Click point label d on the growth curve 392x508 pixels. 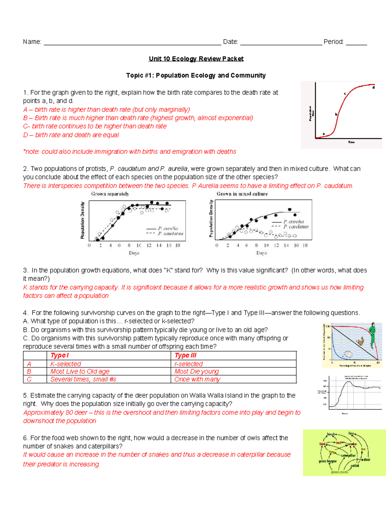373,87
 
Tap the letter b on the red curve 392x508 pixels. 336,114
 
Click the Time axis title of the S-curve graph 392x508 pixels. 351,142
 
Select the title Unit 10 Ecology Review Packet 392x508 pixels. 196,59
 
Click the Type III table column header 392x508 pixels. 186,356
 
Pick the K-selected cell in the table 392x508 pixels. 66,364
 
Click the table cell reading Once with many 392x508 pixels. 197,379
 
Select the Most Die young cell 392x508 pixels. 196,372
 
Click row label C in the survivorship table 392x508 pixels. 29,379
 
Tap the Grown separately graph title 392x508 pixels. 110,194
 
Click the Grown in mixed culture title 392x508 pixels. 242,194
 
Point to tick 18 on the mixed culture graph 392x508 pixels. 305,245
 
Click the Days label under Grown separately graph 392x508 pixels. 134,253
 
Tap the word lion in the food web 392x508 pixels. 351,433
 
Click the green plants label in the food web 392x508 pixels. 339,472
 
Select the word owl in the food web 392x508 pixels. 339,443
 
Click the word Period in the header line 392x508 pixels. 333,42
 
